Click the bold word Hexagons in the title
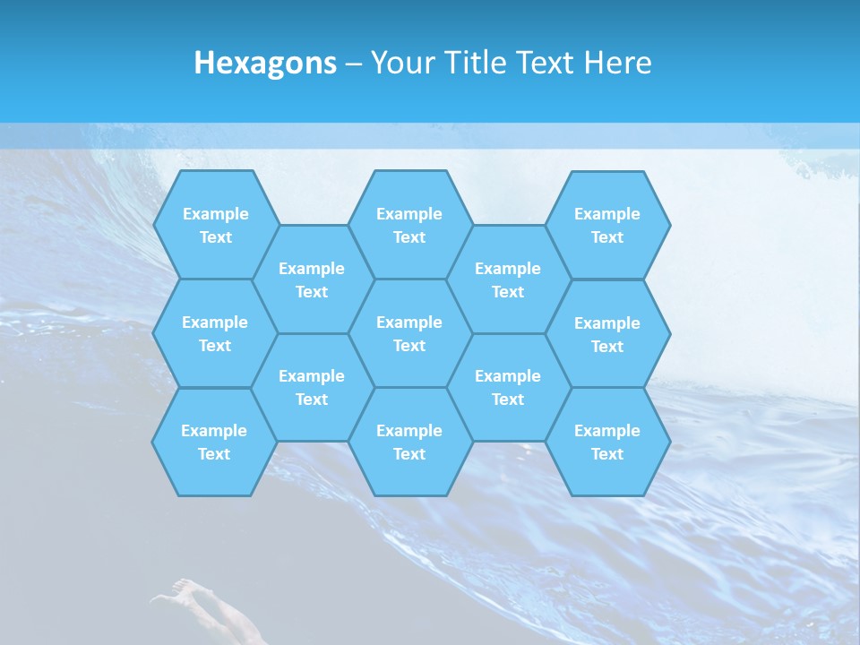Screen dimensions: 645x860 [265, 63]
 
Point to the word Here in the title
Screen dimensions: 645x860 [617, 63]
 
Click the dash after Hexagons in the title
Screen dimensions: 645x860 [353, 64]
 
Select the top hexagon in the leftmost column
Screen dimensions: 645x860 [215, 225]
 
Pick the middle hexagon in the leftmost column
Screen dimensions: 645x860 [215, 333]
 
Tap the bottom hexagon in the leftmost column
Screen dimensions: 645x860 [214, 442]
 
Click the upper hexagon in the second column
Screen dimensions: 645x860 [312, 279]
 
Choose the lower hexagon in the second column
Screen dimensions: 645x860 [312, 387]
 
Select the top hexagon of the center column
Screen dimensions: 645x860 [409, 225]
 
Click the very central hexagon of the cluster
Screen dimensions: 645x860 [409, 333]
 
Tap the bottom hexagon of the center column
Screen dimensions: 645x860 [409, 442]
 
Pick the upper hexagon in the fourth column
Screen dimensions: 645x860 [508, 279]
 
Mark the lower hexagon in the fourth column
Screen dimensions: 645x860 [508, 387]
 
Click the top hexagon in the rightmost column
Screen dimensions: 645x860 [607, 225]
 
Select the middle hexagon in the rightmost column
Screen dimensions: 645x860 [607, 334]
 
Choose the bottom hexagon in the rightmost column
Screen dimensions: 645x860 [607, 442]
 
